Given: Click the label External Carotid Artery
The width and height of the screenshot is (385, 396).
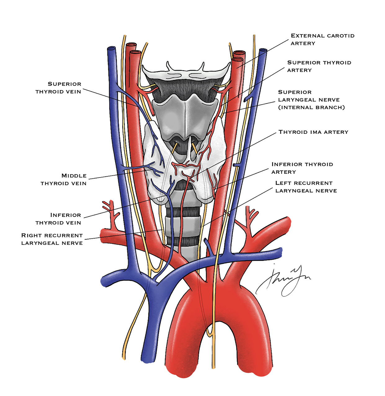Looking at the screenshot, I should [322, 39].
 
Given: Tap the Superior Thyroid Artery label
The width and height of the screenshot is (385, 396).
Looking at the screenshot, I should [319, 66].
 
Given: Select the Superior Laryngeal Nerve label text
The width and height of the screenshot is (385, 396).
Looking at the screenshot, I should [311, 100].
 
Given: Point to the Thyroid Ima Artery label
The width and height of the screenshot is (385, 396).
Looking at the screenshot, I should [313, 132].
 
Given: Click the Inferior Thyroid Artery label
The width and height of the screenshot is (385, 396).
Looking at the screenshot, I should [302, 168].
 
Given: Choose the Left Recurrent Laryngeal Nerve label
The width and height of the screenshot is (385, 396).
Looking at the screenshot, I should [306, 187].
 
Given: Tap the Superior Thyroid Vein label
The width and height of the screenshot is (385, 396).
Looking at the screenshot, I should [58, 88].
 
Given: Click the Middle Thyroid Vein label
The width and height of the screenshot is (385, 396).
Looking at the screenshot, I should [64, 179].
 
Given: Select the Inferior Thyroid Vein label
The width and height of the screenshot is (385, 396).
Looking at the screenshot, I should [58, 219].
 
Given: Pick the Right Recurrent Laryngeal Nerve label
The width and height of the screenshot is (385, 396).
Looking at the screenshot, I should [52, 239].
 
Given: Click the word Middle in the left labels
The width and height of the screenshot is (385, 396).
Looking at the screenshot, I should [74, 176].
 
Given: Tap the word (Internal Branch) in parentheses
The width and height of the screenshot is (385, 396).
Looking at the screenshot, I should [311, 107].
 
